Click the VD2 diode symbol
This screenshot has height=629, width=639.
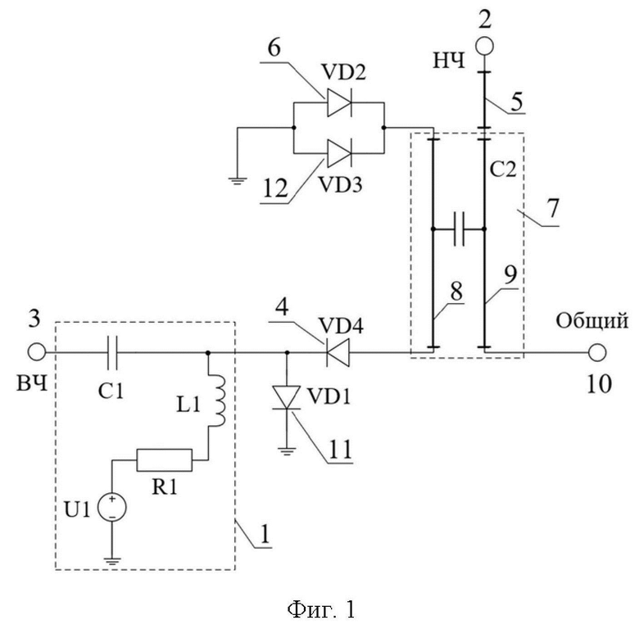tap(339, 103)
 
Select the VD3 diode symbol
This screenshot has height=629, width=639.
tap(339, 153)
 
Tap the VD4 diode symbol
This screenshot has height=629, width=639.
tap(338, 352)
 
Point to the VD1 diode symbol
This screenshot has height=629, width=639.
tap(287, 397)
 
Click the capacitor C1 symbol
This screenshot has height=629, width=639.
tap(111, 352)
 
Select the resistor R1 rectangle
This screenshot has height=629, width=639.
tap(164, 460)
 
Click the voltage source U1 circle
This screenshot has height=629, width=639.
tap(111, 508)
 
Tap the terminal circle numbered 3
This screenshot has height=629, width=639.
tap(37, 352)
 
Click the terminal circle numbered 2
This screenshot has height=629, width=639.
tap(484, 46)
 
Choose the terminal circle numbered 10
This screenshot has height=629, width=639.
tap(597, 352)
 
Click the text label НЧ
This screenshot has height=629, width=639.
tap(449, 61)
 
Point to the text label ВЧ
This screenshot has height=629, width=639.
tap(32, 384)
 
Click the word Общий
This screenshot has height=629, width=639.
tap(591, 320)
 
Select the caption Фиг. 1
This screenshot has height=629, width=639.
tap(321, 610)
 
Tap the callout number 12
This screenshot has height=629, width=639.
tap(275, 188)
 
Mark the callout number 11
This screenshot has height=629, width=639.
tap(340, 449)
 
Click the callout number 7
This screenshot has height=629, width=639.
tap(553, 208)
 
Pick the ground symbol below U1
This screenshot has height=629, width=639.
tap(111, 561)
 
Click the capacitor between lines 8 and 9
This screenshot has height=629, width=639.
tap(459, 229)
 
